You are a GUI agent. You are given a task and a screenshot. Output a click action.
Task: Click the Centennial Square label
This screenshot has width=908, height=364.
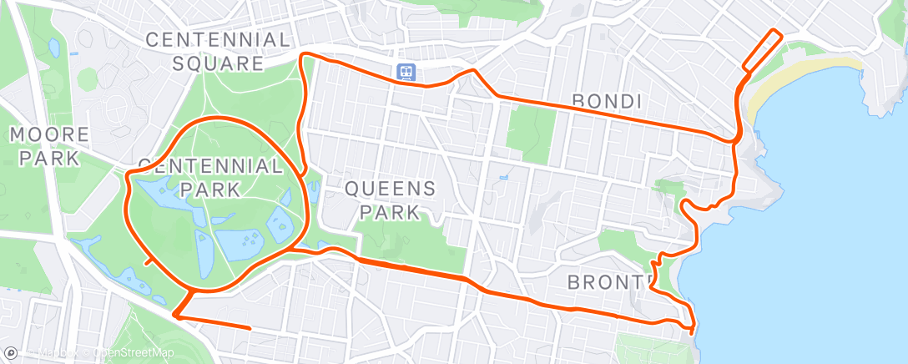click(x=219, y=51)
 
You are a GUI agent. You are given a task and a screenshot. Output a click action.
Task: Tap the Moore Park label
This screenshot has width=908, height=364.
click(x=49, y=146)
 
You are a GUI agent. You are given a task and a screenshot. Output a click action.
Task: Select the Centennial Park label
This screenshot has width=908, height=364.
click(x=210, y=177)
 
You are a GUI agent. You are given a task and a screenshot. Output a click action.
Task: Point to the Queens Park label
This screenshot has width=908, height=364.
click(x=391, y=200)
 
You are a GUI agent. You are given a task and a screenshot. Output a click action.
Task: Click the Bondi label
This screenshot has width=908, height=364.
click(x=607, y=101)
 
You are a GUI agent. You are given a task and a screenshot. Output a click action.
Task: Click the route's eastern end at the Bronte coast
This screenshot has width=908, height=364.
click(x=693, y=331)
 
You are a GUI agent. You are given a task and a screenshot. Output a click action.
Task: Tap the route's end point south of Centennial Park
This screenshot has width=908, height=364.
click(x=250, y=328)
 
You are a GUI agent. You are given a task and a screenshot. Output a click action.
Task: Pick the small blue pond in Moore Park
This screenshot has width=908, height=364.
click(x=54, y=48)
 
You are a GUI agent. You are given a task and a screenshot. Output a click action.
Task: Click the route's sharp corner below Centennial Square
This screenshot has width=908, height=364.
click(x=303, y=56)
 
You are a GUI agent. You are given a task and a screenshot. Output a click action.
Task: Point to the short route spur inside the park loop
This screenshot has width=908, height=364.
click(x=150, y=261)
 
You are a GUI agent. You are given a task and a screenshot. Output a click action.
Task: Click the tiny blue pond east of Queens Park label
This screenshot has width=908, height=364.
click(x=503, y=178)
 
